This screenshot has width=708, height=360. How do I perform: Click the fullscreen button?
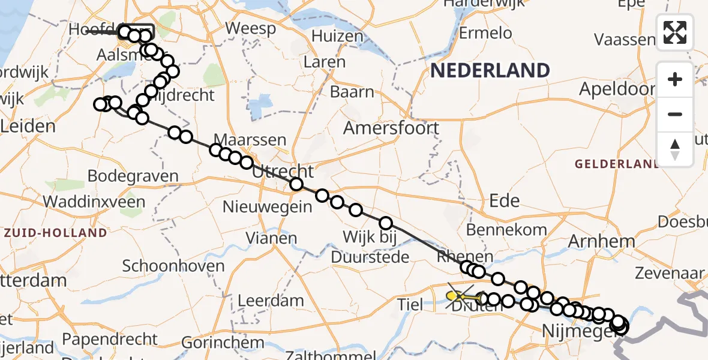[x=675, y=32]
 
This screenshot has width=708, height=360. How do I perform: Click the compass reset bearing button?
[x=675, y=149]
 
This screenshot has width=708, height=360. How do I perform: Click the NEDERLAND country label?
[x=490, y=71]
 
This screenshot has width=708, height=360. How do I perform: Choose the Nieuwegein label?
[x=268, y=208]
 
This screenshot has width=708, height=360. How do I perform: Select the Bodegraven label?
[x=133, y=176]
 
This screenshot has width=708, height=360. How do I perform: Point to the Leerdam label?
[x=271, y=300]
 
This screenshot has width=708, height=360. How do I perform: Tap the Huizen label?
[x=341, y=37]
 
